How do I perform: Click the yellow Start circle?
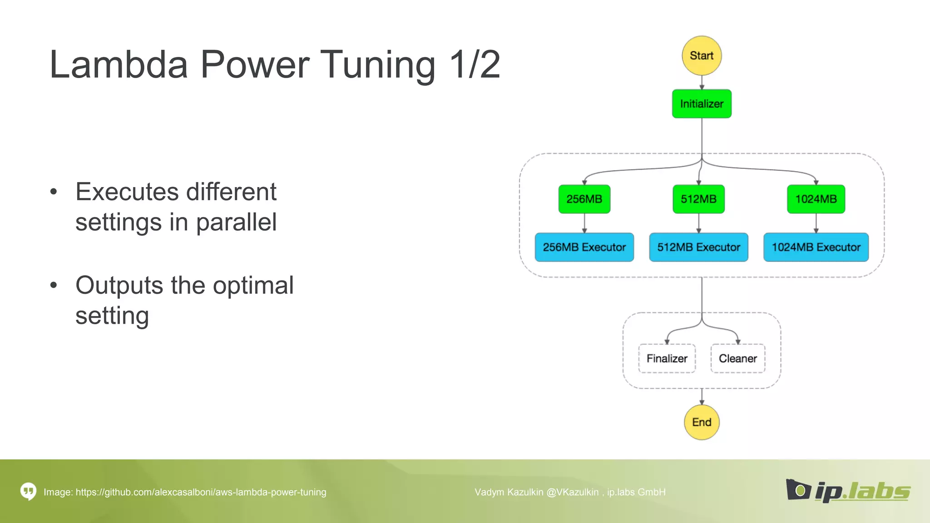coord(702,56)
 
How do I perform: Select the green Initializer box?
coord(702,104)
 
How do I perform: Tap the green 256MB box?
coord(584,199)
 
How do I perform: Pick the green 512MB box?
coord(698,199)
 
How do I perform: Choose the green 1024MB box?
coord(816,199)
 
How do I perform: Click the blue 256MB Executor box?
coord(584,247)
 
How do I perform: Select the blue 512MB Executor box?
coord(698,247)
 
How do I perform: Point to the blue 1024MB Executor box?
coord(816,247)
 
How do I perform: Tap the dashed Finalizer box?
coord(667,359)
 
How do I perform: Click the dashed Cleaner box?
coord(737,359)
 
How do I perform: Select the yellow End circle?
coord(702,422)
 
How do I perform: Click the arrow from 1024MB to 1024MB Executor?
coord(816,223)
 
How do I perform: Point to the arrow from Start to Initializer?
coord(702,83)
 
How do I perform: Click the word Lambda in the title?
coord(119,64)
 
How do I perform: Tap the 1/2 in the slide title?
coord(475,64)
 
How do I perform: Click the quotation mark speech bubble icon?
coord(28,491)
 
